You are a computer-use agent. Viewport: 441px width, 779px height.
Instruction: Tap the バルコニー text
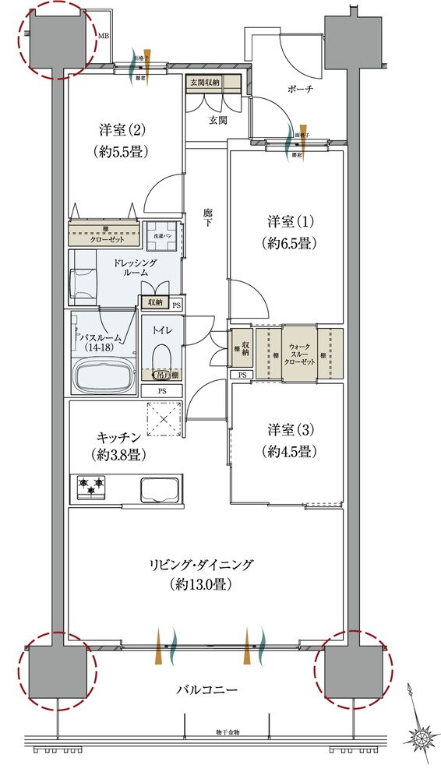206,689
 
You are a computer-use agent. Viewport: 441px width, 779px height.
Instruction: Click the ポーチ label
300,90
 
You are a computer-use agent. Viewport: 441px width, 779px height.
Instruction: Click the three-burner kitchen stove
91,488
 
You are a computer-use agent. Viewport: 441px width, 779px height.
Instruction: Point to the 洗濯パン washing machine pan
163,238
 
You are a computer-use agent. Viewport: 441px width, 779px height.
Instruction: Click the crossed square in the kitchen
165,421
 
